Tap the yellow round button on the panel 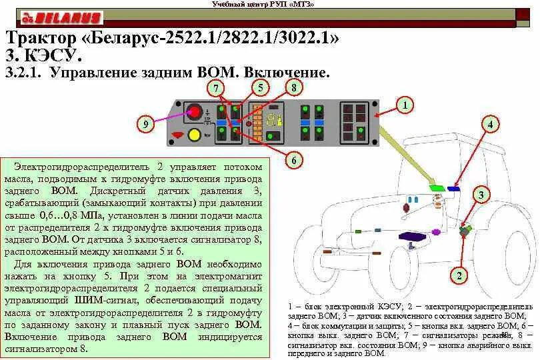(x=195, y=135)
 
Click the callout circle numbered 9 (x=147, y=123)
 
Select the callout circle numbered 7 (x=216, y=88)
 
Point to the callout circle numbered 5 (x=261, y=87)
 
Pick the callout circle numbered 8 (x=294, y=87)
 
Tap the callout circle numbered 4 (x=490, y=124)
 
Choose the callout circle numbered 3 (x=481, y=195)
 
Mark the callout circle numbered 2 (x=458, y=275)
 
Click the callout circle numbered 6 (x=293, y=160)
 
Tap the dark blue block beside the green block (x=453, y=189)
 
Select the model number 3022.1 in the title (x=305, y=38)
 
